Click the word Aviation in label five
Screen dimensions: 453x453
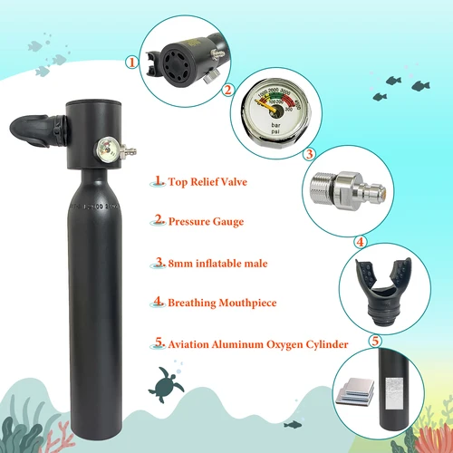(x=193, y=344)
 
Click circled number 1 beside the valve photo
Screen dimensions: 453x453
(x=131, y=63)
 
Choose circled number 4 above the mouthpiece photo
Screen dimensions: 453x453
(x=360, y=242)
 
